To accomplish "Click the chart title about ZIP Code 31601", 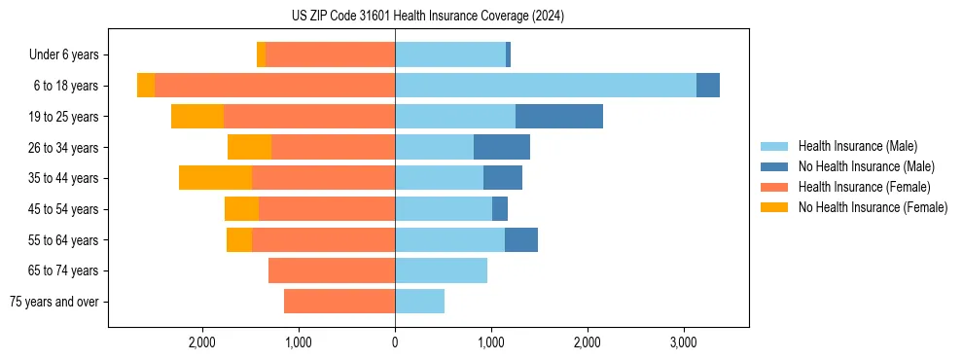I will click(428, 17).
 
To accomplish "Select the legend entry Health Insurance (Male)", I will click(857, 146).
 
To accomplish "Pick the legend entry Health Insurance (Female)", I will click(864, 187).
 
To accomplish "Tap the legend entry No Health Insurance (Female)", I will click(873, 207).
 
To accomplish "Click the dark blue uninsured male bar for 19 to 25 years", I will click(559, 117).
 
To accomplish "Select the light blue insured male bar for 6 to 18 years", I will click(546, 86).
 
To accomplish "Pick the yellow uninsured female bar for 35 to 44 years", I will click(215, 178).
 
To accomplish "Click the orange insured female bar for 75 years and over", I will click(339, 302).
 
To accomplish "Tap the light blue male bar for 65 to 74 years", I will click(441, 270).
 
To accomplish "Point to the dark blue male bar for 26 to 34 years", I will click(502, 147).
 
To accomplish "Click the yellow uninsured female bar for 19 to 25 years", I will click(197, 117).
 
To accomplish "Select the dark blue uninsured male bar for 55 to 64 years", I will click(521, 239).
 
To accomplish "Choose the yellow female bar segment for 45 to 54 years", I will click(241, 209).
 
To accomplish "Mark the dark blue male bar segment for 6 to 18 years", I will click(708, 86).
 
